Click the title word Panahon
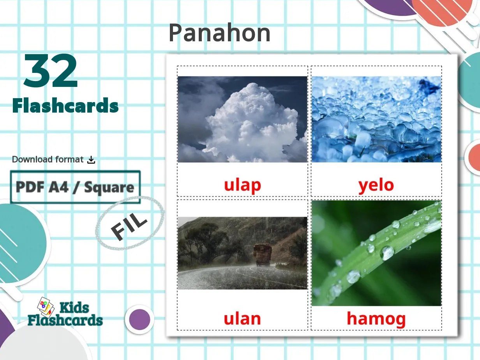click(219, 33)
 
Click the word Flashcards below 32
click(65, 106)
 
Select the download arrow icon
click(91, 160)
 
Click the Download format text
click(48, 159)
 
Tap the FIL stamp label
click(129, 227)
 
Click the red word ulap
click(242, 185)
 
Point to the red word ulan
click(242, 319)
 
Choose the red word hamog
click(376, 319)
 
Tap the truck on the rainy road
click(263, 254)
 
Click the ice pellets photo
click(376, 119)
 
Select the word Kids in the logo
click(74, 308)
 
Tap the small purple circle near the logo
click(139, 319)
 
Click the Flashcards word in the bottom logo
click(65, 320)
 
